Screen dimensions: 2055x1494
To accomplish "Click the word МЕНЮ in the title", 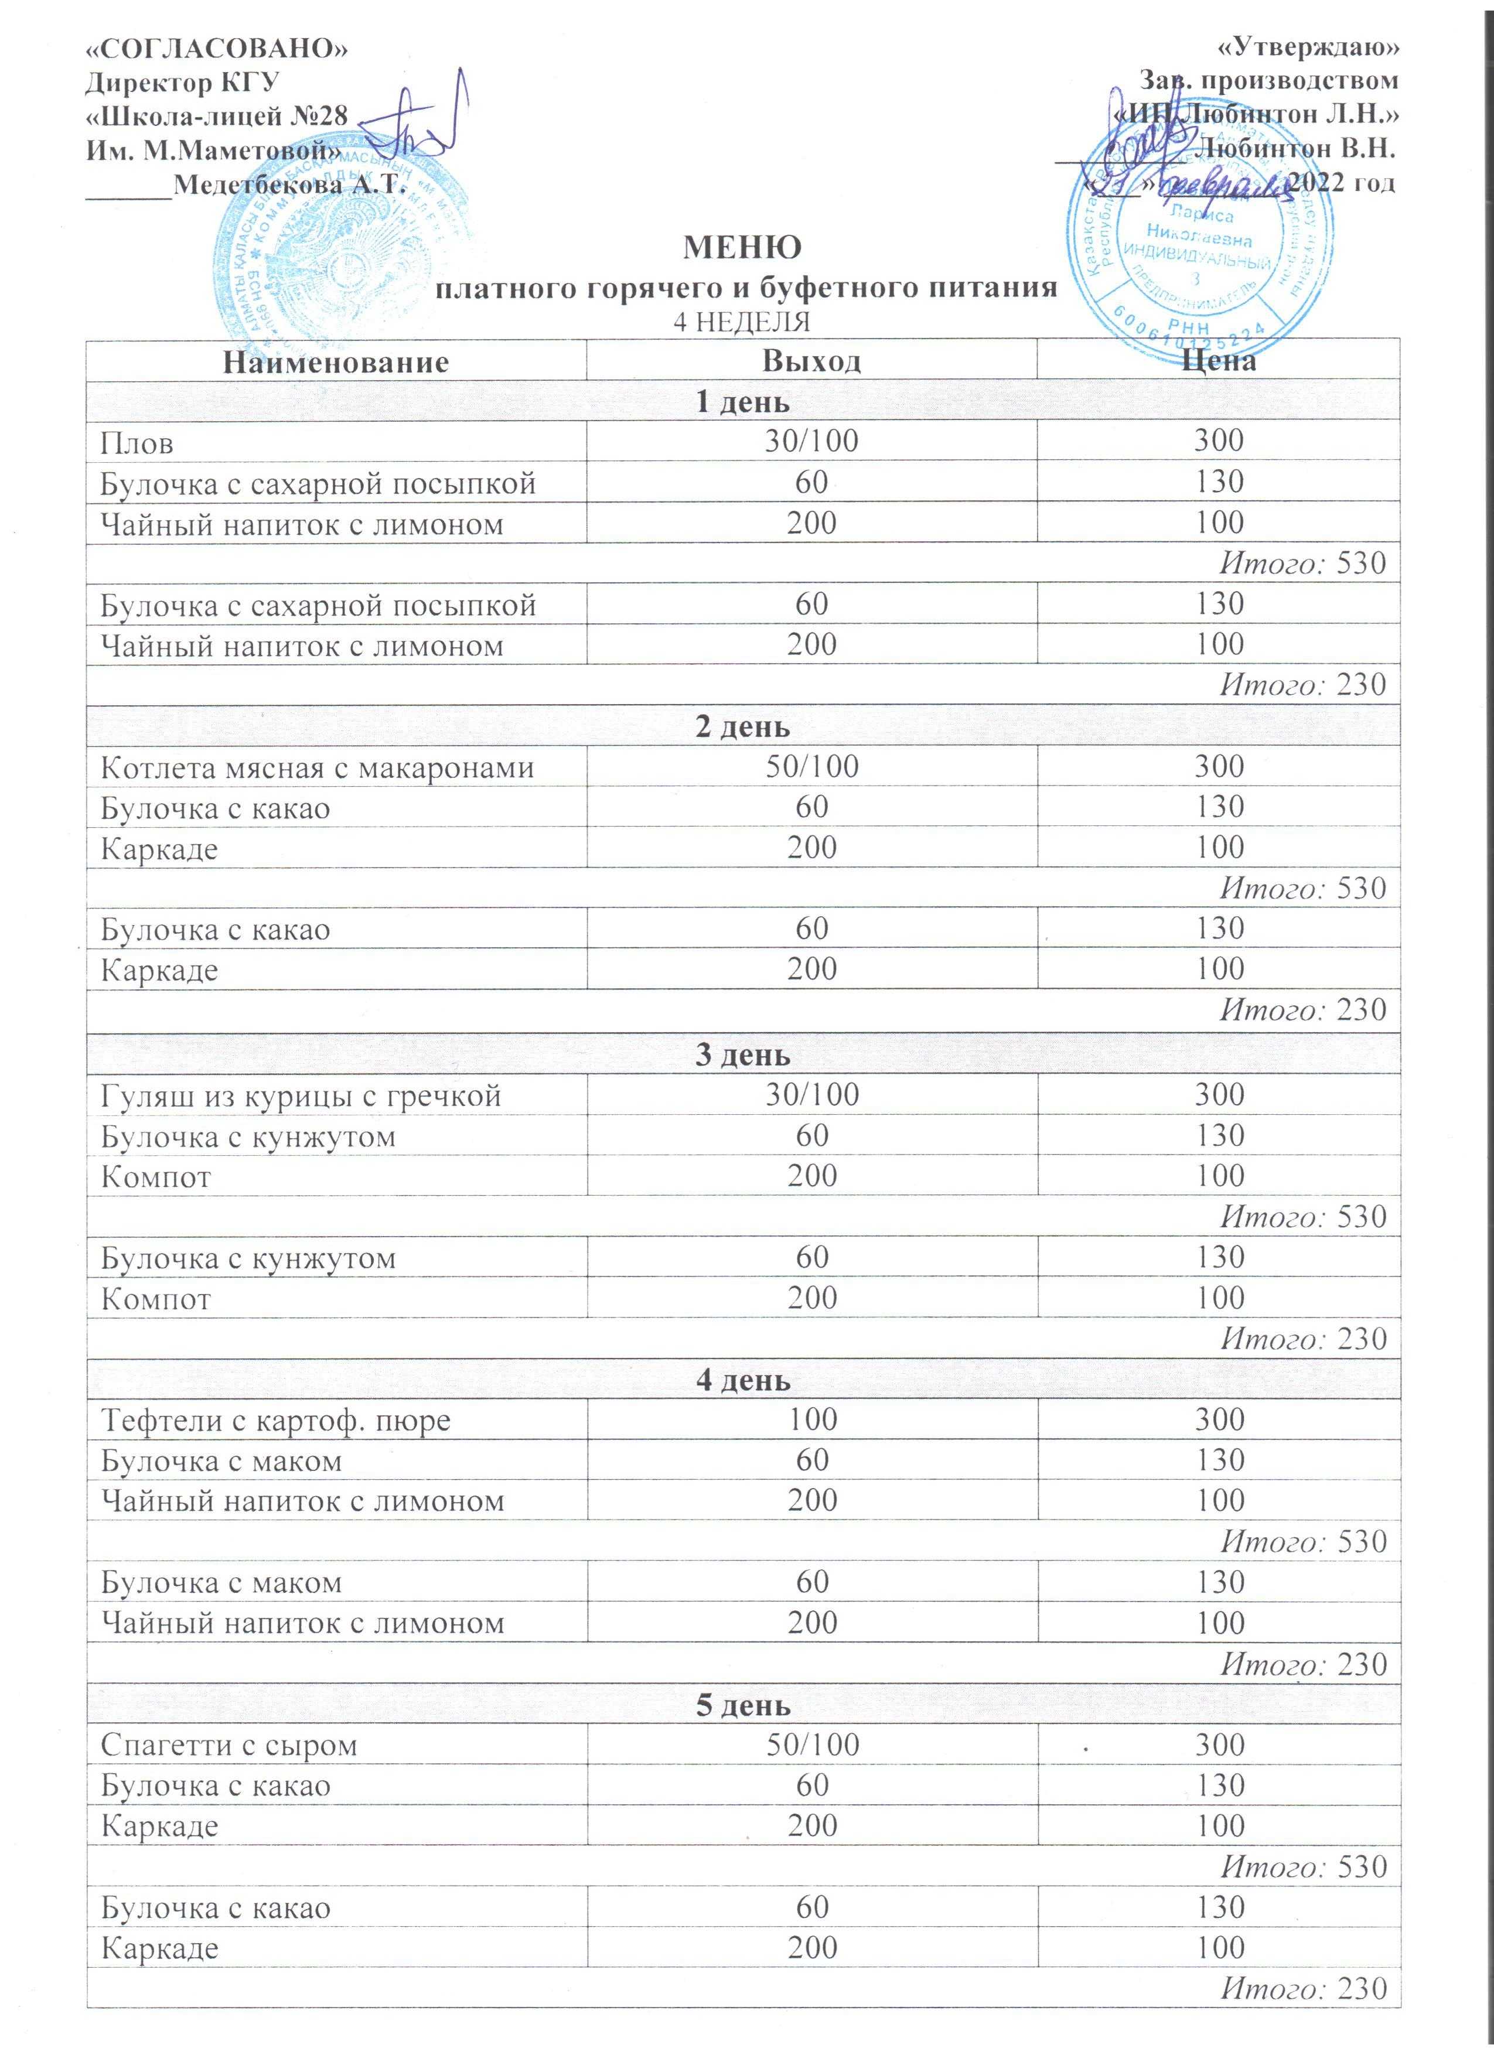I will coord(741,247).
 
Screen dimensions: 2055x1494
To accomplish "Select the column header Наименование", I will coord(336,363).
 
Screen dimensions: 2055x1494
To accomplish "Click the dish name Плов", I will coord(137,443).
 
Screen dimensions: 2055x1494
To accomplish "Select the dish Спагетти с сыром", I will coord(229,1745).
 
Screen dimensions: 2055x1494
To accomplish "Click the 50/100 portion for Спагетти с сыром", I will coord(812,1744).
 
